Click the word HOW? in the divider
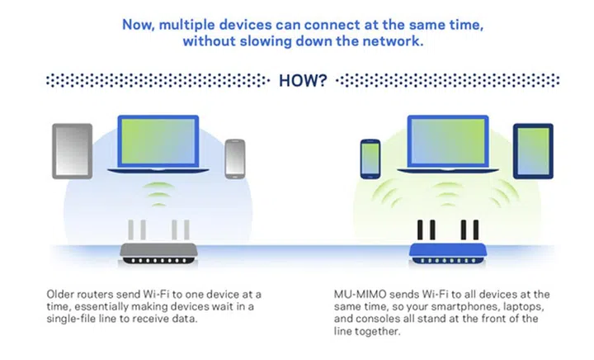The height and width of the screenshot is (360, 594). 304,81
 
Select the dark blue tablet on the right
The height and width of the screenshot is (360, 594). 533,151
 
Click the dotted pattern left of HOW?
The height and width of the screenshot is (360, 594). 157,81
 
